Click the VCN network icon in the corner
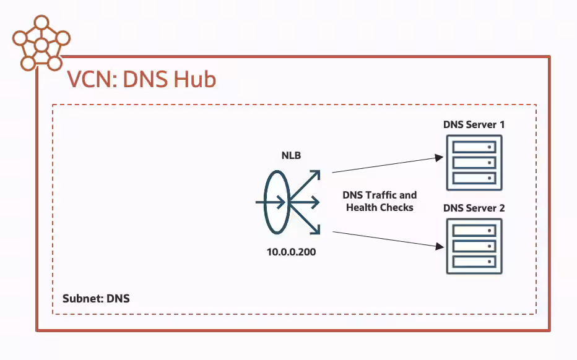(41, 44)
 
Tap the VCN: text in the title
(92, 80)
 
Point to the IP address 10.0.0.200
(291, 252)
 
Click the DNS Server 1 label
(474, 124)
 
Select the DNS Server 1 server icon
(474, 163)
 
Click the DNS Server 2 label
(474, 208)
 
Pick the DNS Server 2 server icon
(474, 246)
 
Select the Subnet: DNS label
(96, 299)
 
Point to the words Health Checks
(380, 207)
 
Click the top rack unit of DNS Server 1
(474, 147)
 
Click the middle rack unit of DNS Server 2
(474, 246)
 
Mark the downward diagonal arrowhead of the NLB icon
(315, 229)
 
